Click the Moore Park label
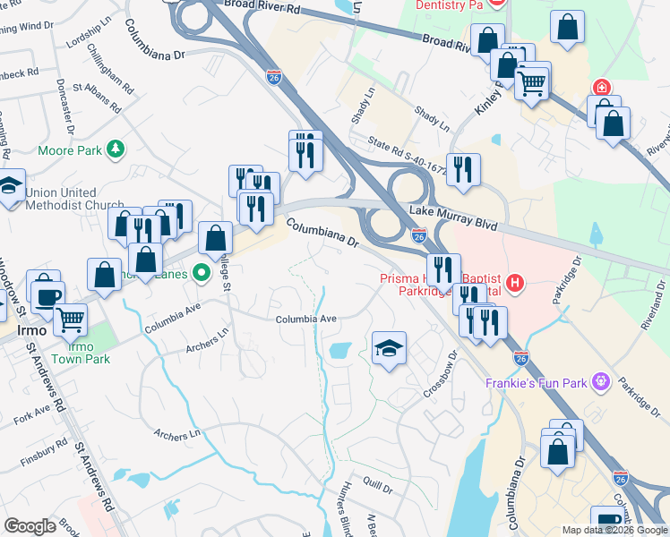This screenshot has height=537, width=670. (x=70, y=150)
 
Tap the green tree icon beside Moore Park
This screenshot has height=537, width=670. (x=115, y=149)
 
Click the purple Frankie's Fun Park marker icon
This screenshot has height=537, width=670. (x=599, y=383)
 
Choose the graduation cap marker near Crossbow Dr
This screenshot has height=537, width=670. (x=390, y=347)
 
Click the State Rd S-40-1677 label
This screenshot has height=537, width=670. (x=407, y=149)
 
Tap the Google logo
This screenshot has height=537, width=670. (x=30, y=526)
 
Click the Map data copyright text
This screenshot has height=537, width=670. (x=614, y=530)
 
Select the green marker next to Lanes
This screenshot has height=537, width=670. (x=203, y=272)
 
